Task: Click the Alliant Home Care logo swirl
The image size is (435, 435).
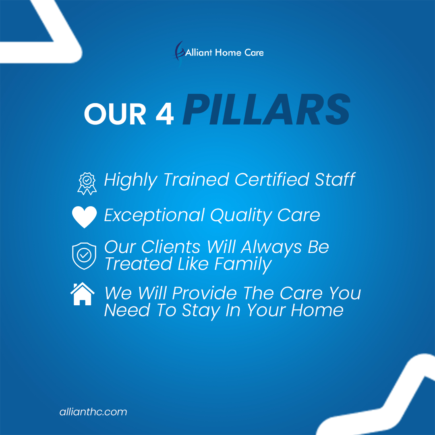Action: click(179, 53)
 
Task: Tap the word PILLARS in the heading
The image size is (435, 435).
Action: click(267, 109)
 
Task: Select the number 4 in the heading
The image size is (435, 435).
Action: click(165, 114)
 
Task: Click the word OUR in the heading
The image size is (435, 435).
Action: click(115, 114)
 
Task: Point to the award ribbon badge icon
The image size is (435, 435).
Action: click(87, 183)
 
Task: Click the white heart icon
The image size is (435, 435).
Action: click(84, 217)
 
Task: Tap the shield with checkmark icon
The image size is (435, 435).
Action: click(84, 256)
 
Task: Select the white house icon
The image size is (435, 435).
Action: click(83, 294)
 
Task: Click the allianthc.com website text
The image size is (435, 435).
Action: click(93, 412)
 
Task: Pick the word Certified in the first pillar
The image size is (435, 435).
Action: click(272, 180)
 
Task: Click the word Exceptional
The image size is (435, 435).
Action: click(154, 215)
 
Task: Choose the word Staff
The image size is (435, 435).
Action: click(335, 180)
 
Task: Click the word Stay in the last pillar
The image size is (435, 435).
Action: click(201, 311)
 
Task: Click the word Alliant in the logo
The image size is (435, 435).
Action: click(199, 52)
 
